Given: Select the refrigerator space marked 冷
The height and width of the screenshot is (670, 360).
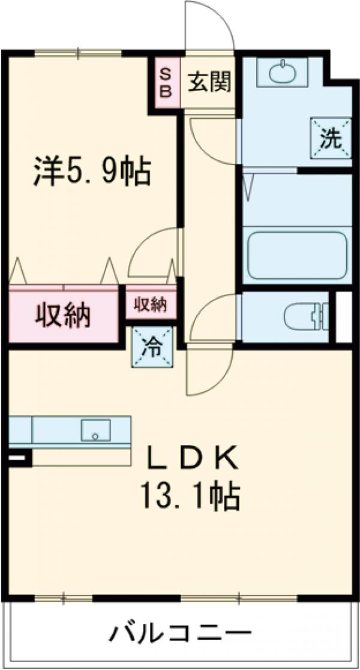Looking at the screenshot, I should [154, 347].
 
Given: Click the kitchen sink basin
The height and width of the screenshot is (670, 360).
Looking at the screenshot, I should [96, 430].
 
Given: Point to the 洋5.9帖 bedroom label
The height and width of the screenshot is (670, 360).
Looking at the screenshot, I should [90, 172].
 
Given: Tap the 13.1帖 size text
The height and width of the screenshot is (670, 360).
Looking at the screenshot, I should [191, 496].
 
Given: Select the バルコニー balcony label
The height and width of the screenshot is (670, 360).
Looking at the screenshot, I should [180, 633].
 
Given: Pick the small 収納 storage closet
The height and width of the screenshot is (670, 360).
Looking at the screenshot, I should [149, 304].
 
